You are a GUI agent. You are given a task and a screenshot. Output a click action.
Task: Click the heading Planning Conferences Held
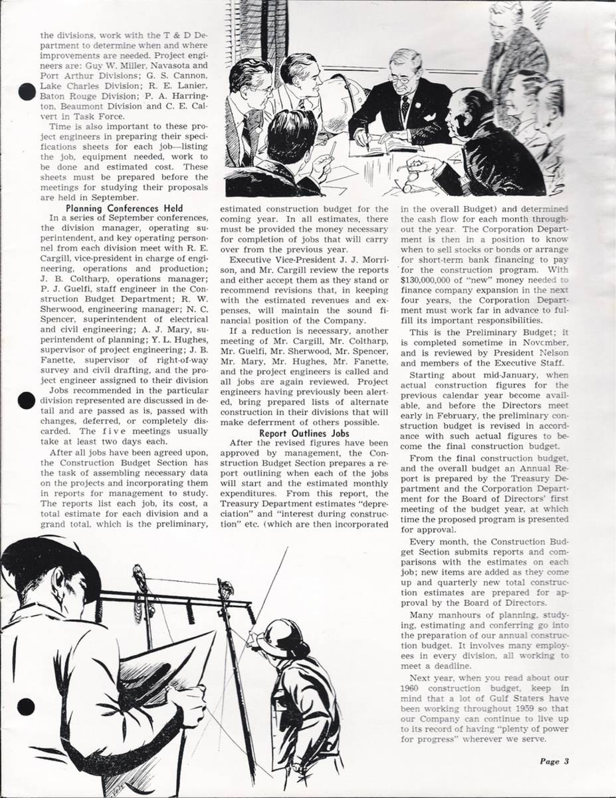pyautogui.click(x=125, y=208)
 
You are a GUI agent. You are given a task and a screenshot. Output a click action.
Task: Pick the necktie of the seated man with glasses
pyautogui.click(x=405, y=105)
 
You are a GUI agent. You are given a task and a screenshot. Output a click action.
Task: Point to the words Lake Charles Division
pyautogui.click(x=78, y=86)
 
